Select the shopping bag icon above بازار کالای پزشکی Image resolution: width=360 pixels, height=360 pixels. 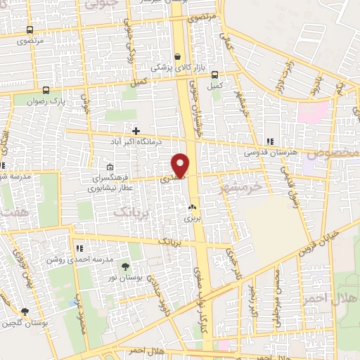tap(179, 54)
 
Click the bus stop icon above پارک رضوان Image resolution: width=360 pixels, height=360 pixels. tap(46, 90)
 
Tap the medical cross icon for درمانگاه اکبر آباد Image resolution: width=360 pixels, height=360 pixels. tap(136, 131)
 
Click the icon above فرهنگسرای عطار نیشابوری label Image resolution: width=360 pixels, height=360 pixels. tap(110, 167)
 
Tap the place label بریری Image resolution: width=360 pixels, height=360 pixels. tap(192, 219)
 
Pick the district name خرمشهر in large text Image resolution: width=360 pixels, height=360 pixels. tap(240, 188)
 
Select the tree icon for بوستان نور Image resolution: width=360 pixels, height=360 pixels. tap(125, 266)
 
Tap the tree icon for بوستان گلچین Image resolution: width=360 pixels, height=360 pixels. tap(25, 312)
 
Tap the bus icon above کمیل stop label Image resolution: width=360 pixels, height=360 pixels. tap(215, 75)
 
